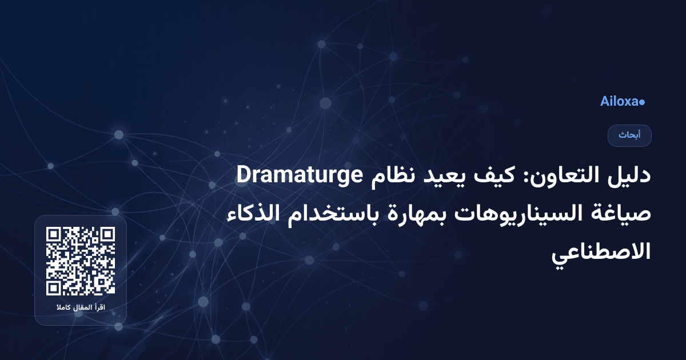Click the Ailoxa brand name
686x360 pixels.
point(619,102)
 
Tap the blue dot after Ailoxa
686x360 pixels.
point(642,102)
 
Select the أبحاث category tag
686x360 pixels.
point(629,135)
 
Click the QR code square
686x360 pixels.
point(81,261)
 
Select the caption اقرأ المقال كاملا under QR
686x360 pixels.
point(81,308)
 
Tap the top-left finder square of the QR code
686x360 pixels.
point(55,235)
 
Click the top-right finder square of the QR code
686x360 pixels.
point(106,235)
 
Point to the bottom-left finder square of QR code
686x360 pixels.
point(55,287)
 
